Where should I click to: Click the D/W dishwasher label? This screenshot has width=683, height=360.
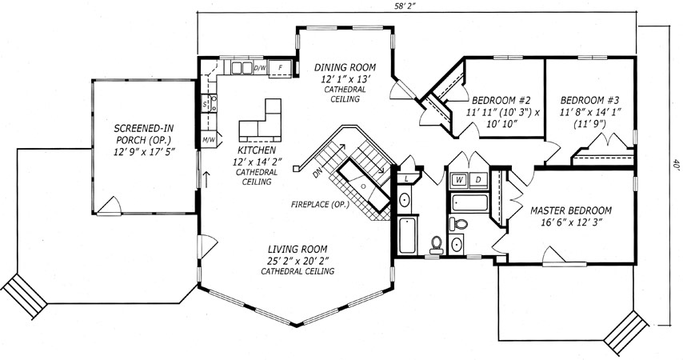tap(260, 67)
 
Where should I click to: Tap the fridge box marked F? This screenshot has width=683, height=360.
tap(281, 68)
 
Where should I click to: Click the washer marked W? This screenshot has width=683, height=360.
tap(460, 180)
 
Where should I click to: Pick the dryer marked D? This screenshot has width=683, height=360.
tap(477, 180)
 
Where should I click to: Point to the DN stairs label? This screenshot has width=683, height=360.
tap(318, 173)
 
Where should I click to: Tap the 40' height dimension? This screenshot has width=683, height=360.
tap(676, 166)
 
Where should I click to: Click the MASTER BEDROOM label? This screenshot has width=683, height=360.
tap(570, 211)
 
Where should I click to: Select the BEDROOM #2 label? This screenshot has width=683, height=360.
tap(501, 100)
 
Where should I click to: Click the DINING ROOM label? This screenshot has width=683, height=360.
tap(345, 67)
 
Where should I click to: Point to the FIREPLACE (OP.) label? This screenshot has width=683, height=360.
tap(320, 204)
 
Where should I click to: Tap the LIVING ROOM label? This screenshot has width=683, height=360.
tap(298, 250)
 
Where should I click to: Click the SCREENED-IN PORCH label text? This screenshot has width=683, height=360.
tap(144, 134)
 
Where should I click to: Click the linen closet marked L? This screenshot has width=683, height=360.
tap(406, 178)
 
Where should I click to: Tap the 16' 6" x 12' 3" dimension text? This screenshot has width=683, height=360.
tap(570, 222)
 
